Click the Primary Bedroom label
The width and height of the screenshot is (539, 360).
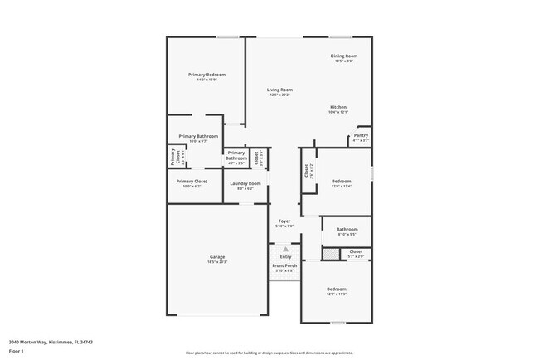206,75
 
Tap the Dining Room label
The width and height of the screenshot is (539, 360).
343,56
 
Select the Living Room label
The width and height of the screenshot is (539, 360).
279,90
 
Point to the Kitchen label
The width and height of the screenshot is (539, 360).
338,108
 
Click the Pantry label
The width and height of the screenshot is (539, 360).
361,135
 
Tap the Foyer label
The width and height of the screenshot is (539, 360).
284,221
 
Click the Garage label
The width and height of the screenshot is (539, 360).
217,257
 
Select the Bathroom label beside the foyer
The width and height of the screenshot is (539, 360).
347,229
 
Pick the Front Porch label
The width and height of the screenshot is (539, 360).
284,266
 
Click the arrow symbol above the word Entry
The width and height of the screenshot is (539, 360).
285,249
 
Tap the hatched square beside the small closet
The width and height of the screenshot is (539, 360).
329,255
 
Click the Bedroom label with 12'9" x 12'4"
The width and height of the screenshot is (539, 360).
342,181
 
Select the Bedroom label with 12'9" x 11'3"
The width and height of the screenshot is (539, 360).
336,289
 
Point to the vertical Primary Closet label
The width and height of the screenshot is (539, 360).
174,156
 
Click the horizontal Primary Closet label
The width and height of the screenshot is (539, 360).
192,181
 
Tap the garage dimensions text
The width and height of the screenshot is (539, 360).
217,262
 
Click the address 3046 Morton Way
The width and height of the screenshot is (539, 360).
51,341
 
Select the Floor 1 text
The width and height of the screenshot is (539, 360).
17,350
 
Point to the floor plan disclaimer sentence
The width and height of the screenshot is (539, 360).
269,352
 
